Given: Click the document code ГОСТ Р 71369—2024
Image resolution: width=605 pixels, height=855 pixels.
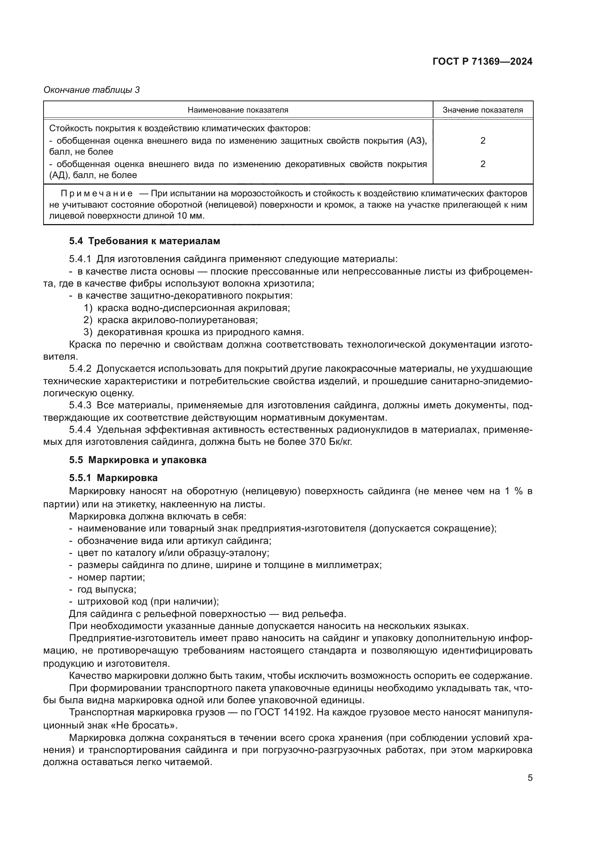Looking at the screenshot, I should point(482,61).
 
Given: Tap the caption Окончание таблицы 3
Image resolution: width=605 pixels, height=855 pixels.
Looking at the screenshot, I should point(92,90).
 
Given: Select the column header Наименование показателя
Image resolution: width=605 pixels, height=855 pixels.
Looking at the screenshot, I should point(238,110).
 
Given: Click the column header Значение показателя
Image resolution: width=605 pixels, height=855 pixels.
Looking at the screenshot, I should point(482,110).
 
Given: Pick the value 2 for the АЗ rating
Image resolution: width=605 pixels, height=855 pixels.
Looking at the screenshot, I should point(482,140).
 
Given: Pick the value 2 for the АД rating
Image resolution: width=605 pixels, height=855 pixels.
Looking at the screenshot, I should point(482,164).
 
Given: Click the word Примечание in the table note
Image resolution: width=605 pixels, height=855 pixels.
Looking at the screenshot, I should point(97,193).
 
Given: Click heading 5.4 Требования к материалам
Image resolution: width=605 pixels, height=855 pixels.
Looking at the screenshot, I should point(144,241).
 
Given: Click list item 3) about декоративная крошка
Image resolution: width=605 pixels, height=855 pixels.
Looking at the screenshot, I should point(194,332).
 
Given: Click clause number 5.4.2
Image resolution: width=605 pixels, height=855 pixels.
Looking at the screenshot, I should point(80,369).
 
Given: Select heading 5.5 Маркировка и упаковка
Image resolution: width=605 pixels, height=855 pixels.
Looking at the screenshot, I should point(138,460).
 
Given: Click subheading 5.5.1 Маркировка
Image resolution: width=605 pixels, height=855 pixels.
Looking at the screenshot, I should point(113,478).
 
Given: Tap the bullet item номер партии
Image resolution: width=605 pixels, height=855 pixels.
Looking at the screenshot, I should point(111,577).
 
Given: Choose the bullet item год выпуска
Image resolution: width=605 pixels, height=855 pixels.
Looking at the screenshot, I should point(106,590).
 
